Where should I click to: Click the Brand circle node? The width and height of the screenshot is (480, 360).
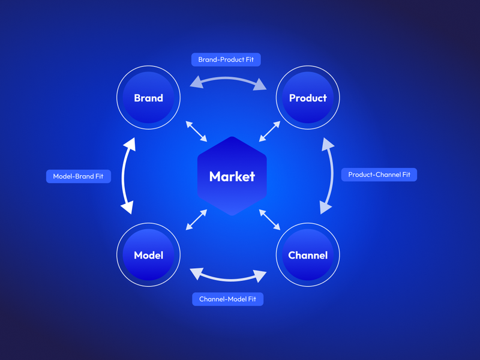click(148, 97)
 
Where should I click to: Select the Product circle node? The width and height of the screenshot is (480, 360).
click(308, 97)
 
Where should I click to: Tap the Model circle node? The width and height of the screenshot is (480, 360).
click(148, 254)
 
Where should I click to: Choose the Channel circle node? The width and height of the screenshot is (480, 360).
click(308, 254)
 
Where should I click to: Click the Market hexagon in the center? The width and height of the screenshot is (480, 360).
click(232, 176)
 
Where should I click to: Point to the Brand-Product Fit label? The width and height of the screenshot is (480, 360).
click(226, 59)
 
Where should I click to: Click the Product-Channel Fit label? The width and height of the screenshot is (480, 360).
click(379, 175)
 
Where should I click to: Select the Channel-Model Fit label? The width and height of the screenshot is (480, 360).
click(227, 299)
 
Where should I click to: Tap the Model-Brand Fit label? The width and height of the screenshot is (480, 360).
click(79, 176)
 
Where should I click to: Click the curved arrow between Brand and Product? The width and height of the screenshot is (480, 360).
click(228, 79)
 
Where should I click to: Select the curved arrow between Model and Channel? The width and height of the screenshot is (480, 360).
click(228, 280)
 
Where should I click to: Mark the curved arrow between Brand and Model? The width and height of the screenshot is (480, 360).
click(124, 176)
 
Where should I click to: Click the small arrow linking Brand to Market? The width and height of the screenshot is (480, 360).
click(196, 131)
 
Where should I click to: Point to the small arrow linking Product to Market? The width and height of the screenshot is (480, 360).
click(269, 131)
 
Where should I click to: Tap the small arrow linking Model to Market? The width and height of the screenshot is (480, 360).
click(196, 220)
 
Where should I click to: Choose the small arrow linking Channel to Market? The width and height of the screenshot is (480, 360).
click(269, 220)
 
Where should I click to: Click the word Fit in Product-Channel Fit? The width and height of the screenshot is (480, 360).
click(406, 175)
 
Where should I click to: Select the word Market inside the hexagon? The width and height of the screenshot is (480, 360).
click(232, 176)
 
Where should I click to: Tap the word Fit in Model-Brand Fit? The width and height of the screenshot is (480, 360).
click(99, 176)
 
